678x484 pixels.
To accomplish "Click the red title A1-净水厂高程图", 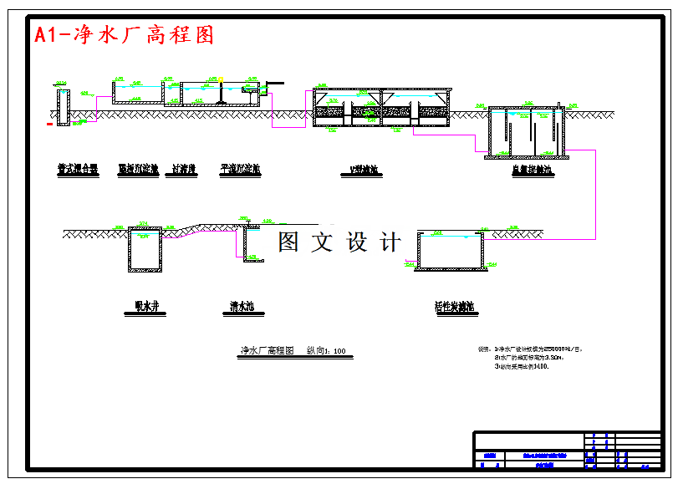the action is click(x=124, y=35).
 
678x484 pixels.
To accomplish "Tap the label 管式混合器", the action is click(x=78, y=170).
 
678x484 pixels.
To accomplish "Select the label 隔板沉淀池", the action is click(x=138, y=170).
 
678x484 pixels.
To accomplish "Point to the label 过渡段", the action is click(x=184, y=170).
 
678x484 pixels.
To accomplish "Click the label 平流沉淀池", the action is click(x=240, y=170).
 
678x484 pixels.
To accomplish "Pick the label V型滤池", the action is click(x=365, y=171).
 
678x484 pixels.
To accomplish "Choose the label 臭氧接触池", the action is click(x=532, y=171).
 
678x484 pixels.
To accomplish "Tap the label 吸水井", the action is click(x=145, y=307).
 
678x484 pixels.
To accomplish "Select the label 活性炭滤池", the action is click(x=455, y=307).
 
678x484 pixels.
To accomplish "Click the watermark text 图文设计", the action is click(x=339, y=242).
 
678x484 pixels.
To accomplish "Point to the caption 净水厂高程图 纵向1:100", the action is click(x=293, y=351).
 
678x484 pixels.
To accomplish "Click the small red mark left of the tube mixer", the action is click(x=51, y=124).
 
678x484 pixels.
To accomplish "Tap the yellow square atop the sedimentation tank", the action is click(x=222, y=79).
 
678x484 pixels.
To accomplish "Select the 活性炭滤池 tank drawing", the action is click(x=451, y=251).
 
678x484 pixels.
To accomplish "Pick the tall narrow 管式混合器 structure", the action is click(x=63, y=107).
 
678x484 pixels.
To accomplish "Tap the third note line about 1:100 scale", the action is click(x=522, y=366).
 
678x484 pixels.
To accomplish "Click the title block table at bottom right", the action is click(x=568, y=451).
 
